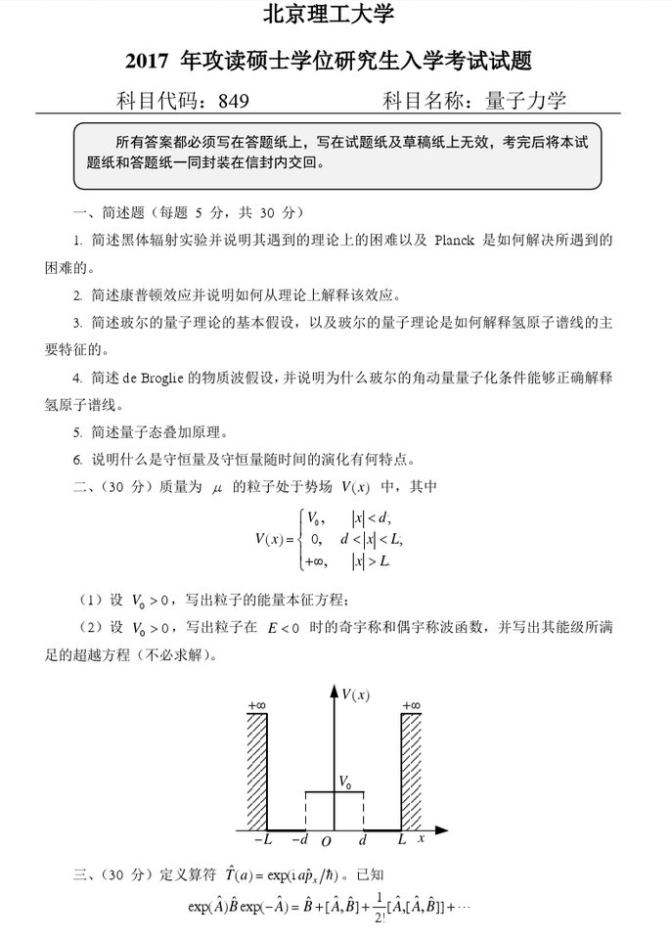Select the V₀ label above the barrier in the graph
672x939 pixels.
[344, 781]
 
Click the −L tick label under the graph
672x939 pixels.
[263, 839]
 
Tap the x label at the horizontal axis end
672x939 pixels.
[422, 838]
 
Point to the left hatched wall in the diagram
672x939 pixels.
[257, 770]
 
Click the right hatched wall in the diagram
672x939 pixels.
[412, 770]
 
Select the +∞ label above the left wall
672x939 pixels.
[257, 704]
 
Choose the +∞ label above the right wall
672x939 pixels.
[411, 704]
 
